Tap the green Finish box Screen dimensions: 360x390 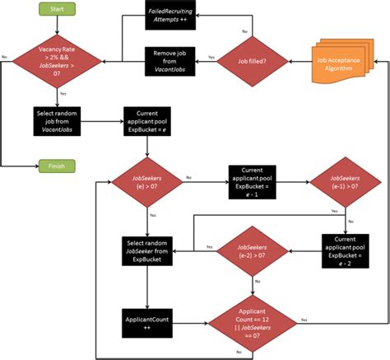[x=57, y=166]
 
